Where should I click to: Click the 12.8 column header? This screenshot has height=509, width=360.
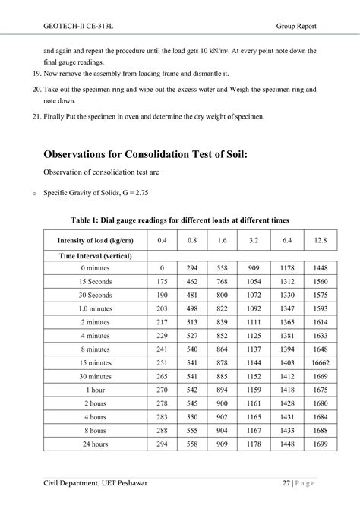pos(320,240)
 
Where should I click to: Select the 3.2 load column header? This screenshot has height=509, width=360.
pos(253,240)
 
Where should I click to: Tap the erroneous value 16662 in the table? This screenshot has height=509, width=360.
pos(320,363)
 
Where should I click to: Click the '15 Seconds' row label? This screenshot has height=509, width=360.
pos(95,281)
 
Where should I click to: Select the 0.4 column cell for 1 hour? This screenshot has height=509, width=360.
pos(162,390)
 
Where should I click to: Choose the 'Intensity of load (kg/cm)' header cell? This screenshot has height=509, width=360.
pos(95,240)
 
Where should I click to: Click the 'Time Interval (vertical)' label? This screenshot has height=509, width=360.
pos(95,256)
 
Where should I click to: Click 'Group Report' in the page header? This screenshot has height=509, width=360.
pos(296,26)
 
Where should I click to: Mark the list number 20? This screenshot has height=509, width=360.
pos(36,90)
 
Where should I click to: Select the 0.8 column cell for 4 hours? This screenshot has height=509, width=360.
pos(191,416)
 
